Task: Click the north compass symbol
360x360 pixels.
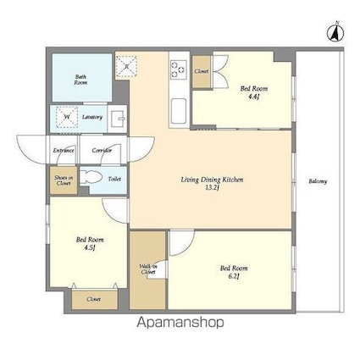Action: (x=334, y=33)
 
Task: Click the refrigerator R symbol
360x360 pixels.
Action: (x=126, y=65)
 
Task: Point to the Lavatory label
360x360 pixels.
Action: (x=93, y=117)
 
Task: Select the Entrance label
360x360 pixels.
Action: (x=64, y=151)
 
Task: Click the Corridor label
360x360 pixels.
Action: (x=102, y=151)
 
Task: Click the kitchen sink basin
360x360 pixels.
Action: (x=180, y=108)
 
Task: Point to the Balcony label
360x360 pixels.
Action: (x=318, y=181)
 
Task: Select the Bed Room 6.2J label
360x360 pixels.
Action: (x=231, y=273)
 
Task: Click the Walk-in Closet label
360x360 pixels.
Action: (x=147, y=270)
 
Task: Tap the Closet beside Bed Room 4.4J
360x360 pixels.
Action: (x=202, y=72)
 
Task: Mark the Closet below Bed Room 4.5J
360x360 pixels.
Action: (x=92, y=299)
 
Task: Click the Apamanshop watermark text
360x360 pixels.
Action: (x=179, y=323)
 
